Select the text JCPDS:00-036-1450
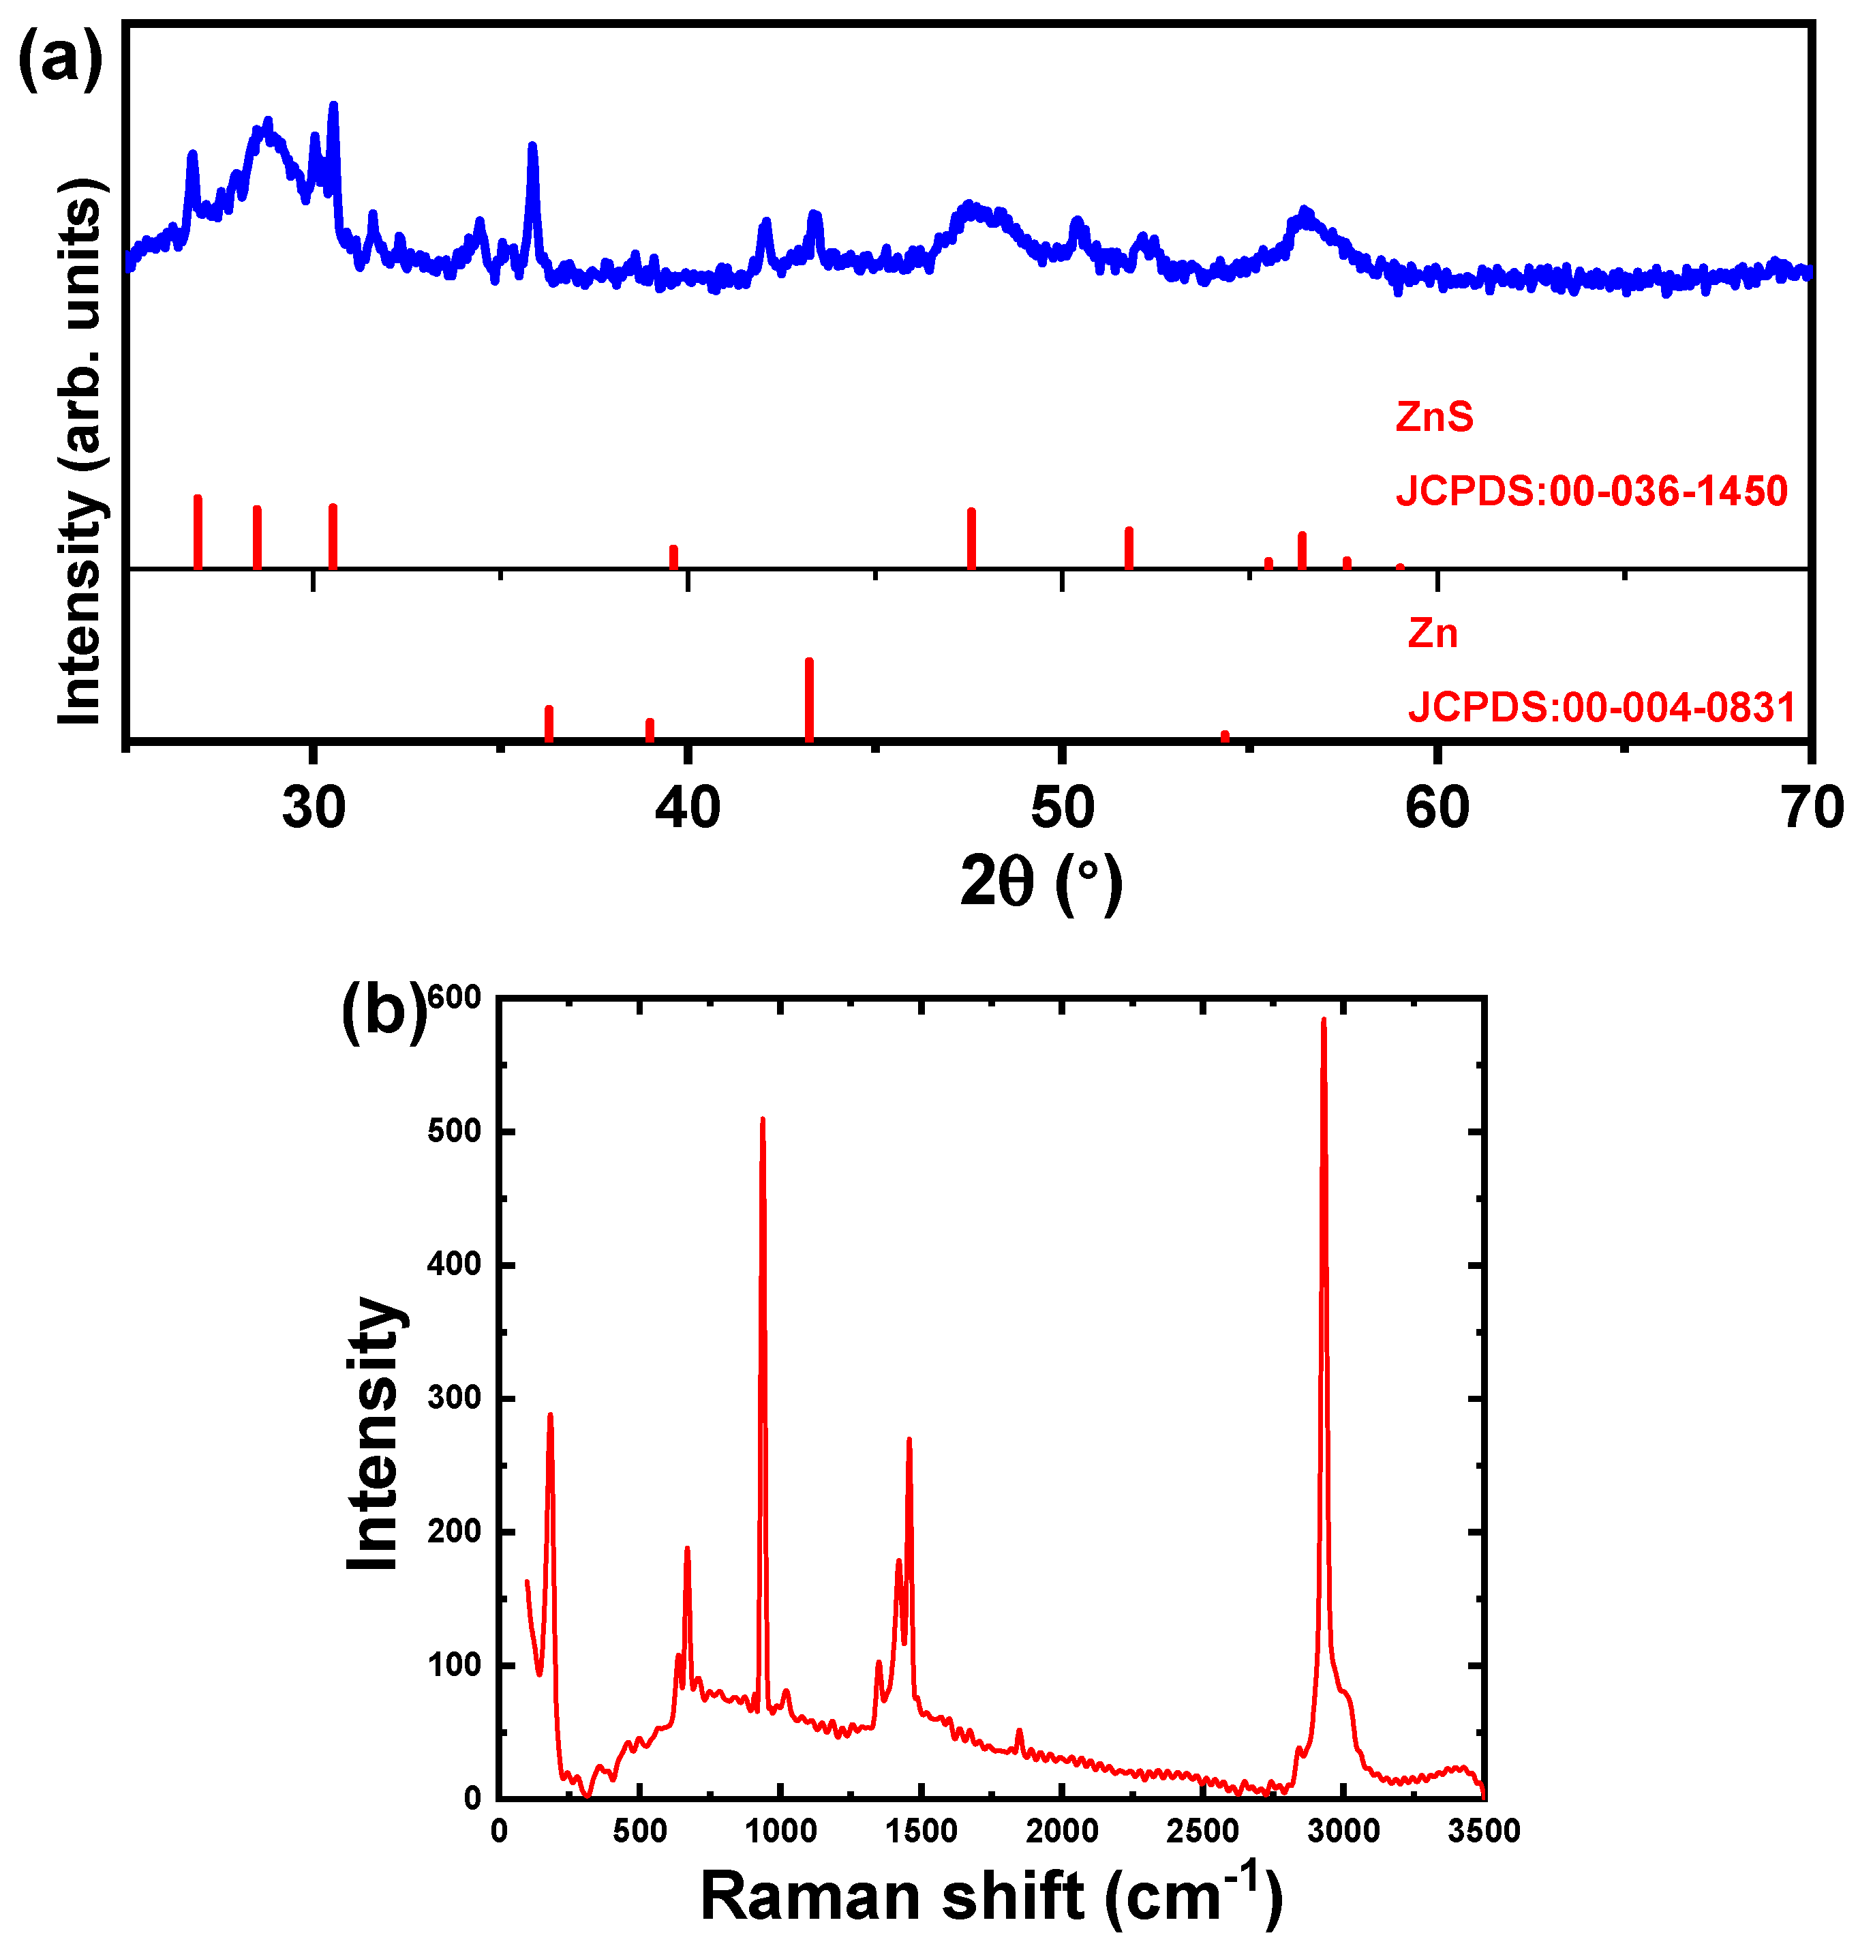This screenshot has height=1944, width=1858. (x=1591, y=490)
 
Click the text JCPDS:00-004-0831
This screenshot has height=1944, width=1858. (x=1602, y=706)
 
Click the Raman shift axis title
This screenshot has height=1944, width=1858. (x=990, y=1894)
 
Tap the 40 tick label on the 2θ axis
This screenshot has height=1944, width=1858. (x=687, y=807)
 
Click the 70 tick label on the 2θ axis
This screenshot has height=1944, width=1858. (x=1810, y=807)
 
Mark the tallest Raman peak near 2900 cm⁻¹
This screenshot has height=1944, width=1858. (x=1323, y=1021)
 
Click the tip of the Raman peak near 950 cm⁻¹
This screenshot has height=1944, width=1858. (x=763, y=1120)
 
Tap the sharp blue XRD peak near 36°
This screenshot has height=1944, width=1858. (x=533, y=147)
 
